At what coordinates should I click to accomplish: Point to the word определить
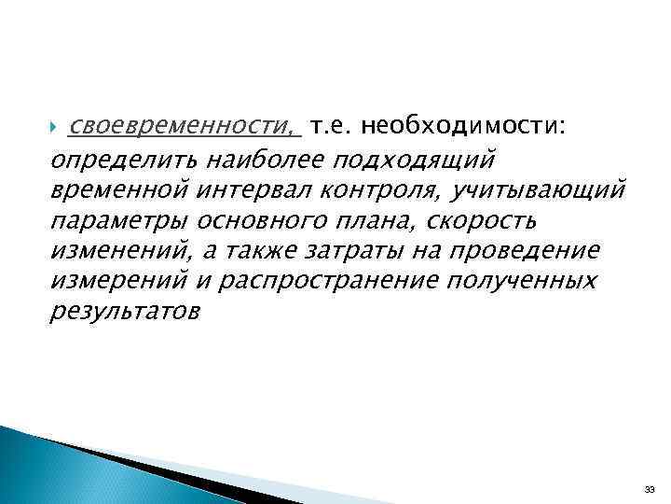click(x=117, y=160)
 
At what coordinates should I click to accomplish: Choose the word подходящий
click(x=439, y=160)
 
